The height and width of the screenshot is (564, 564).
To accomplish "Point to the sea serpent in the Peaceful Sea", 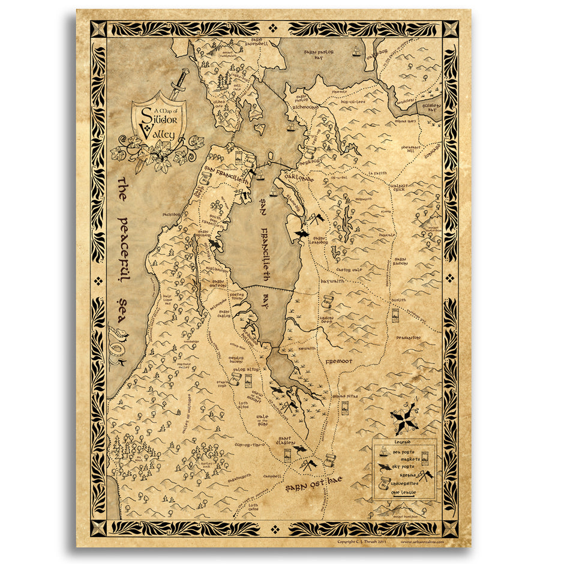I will [118, 345].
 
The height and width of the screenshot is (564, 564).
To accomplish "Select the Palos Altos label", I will [246, 370].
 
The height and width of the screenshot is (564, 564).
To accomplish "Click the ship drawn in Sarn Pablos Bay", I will [357, 52].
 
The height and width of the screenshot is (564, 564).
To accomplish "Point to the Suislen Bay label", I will [431, 107].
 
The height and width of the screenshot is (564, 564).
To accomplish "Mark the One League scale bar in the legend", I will [403, 493].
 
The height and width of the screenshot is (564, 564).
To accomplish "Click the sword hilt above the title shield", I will [180, 77].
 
